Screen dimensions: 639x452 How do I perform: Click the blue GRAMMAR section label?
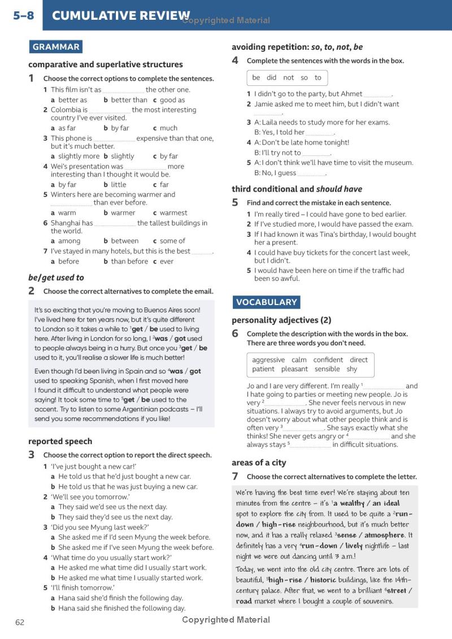click(55, 47)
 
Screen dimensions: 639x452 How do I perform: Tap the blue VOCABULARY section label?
click(266, 302)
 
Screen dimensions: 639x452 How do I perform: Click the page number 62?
click(20, 622)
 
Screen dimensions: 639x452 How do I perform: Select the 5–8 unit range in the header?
click(23, 16)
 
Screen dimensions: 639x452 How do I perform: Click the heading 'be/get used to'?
click(56, 277)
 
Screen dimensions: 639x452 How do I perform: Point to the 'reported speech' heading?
click(60, 441)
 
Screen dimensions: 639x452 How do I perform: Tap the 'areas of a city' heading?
click(259, 463)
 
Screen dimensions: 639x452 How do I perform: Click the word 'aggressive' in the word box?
click(268, 360)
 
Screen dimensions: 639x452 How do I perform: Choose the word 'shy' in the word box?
click(352, 369)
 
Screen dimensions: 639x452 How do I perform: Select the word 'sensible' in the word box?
click(327, 369)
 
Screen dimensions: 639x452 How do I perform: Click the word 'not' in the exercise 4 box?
click(289, 77)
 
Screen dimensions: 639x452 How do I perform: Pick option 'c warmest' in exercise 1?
click(170, 213)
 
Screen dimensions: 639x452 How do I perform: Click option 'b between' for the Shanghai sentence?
click(121, 241)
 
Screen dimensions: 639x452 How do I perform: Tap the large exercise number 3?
click(32, 455)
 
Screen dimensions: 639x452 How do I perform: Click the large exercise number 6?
click(235, 334)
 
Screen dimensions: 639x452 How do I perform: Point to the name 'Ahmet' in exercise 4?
click(351, 94)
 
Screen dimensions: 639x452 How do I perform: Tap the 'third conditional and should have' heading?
click(297, 189)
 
